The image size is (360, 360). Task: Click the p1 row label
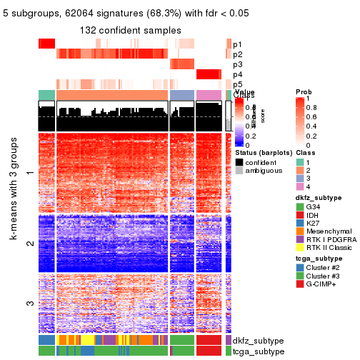237,44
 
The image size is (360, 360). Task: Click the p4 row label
237,74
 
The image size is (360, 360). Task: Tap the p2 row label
237,54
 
